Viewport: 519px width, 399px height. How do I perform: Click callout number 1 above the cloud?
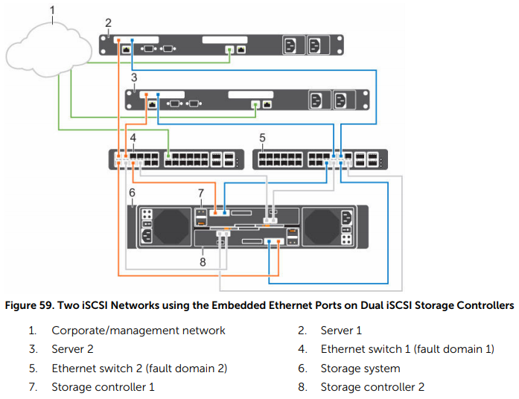[x=51, y=10]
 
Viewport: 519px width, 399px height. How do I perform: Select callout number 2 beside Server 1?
[x=109, y=22]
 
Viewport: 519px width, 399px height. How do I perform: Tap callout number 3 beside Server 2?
[x=134, y=77]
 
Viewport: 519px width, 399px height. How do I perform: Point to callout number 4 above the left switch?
[x=133, y=138]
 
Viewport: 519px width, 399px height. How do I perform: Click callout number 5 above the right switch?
[x=261, y=138]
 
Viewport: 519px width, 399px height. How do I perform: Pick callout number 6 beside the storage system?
[x=131, y=192]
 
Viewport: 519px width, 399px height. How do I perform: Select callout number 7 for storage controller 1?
[x=200, y=193]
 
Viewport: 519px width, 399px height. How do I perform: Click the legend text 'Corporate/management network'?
[x=138, y=330]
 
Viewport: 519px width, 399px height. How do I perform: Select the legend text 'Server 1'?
[x=341, y=330]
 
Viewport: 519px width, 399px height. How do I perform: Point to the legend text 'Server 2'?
[x=72, y=348]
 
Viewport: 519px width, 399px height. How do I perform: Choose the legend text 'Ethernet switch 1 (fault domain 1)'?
[x=407, y=348]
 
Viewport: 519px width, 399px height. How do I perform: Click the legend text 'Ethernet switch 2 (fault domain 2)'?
[x=138, y=368]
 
